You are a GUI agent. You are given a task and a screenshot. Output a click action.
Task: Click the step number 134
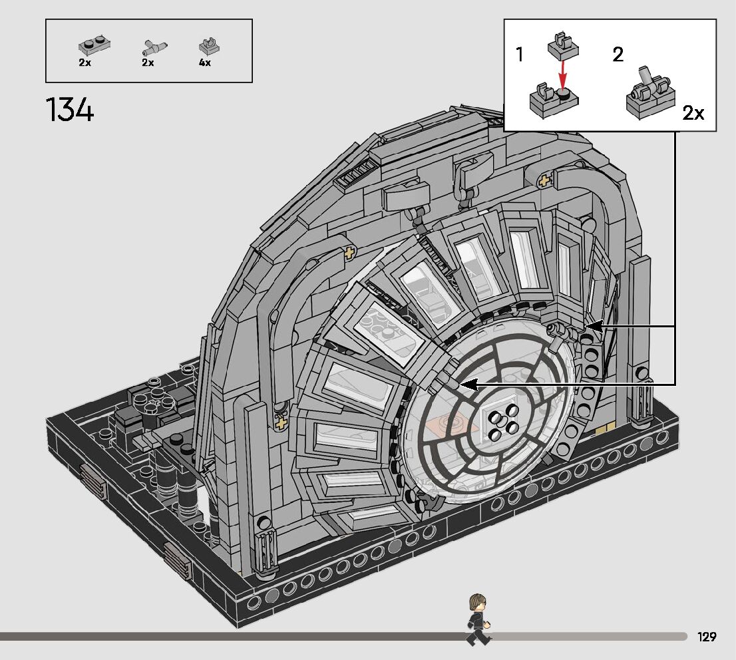click(69, 110)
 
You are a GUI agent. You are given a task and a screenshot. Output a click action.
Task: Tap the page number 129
click(707, 637)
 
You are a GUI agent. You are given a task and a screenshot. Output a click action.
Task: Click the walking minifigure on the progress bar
click(478, 619)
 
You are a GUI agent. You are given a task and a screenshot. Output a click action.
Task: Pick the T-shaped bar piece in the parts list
click(154, 47)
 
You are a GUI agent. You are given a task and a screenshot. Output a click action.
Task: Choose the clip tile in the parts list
click(210, 46)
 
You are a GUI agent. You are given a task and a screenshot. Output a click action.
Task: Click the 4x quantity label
click(205, 63)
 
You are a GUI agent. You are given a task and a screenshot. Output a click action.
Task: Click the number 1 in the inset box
click(519, 55)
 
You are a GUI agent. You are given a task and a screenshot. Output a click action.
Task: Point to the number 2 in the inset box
click(618, 55)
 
